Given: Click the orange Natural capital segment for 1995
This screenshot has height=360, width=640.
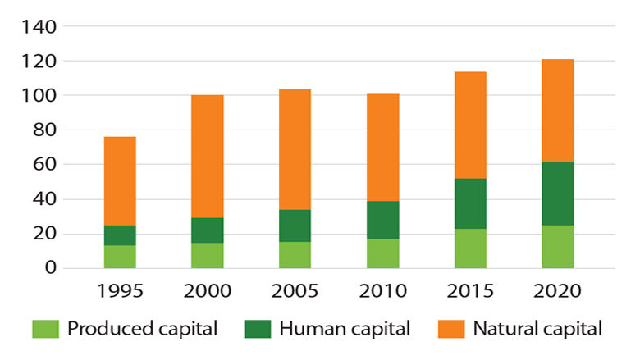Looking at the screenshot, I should (x=120, y=180).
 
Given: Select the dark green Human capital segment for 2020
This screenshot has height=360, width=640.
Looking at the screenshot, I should (x=558, y=194).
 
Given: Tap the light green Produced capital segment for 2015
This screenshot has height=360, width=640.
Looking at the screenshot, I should (x=470, y=248).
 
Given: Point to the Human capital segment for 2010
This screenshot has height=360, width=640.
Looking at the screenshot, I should (x=382, y=220).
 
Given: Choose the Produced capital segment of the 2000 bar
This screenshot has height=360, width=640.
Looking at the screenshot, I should (x=208, y=255).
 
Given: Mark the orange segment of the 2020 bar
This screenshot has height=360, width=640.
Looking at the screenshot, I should (x=558, y=111).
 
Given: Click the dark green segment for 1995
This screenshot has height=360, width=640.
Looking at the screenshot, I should (x=120, y=235).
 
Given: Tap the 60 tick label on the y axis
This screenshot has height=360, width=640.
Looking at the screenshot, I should (x=47, y=165).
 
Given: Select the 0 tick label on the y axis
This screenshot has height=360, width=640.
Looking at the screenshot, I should (x=51, y=268).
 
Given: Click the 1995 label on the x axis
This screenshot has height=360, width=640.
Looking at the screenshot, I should (x=120, y=292).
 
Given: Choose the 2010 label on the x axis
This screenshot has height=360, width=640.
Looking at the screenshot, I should (x=382, y=292).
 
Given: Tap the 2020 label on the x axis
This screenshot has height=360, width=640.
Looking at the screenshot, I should (x=558, y=292).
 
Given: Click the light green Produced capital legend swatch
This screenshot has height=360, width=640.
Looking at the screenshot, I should (x=46, y=330).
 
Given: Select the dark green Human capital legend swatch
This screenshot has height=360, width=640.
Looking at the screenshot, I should (x=258, y=330).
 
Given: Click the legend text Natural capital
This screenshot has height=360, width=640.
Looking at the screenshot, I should (x=537, y=330).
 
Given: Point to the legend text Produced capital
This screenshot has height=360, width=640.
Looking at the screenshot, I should (x=142, y=330).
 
